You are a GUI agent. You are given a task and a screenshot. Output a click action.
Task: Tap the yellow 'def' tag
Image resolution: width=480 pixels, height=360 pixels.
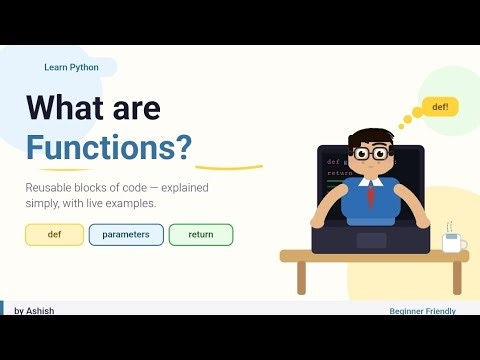click(54, 235)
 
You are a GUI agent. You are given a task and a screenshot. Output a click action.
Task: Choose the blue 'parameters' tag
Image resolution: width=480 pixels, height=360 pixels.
click(125, 235)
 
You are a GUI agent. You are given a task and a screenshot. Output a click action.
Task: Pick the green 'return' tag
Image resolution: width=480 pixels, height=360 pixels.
click(200, 235)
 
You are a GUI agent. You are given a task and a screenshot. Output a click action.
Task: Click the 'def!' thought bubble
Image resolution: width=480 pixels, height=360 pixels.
click(440, 106)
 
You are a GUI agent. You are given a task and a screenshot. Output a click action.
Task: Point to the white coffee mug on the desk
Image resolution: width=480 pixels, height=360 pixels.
click(452, 242)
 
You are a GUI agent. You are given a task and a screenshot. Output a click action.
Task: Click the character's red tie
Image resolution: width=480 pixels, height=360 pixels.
click(371, 194)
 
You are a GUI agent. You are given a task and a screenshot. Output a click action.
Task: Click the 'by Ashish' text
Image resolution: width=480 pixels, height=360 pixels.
click(34, 311)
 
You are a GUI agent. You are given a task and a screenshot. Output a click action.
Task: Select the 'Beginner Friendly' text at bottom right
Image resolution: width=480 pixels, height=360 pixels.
click(422, 311)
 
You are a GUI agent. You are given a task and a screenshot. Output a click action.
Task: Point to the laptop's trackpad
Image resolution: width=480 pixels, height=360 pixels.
click(371, 240)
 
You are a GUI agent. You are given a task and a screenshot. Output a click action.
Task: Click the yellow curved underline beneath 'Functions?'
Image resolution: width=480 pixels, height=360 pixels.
click(229, 167)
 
